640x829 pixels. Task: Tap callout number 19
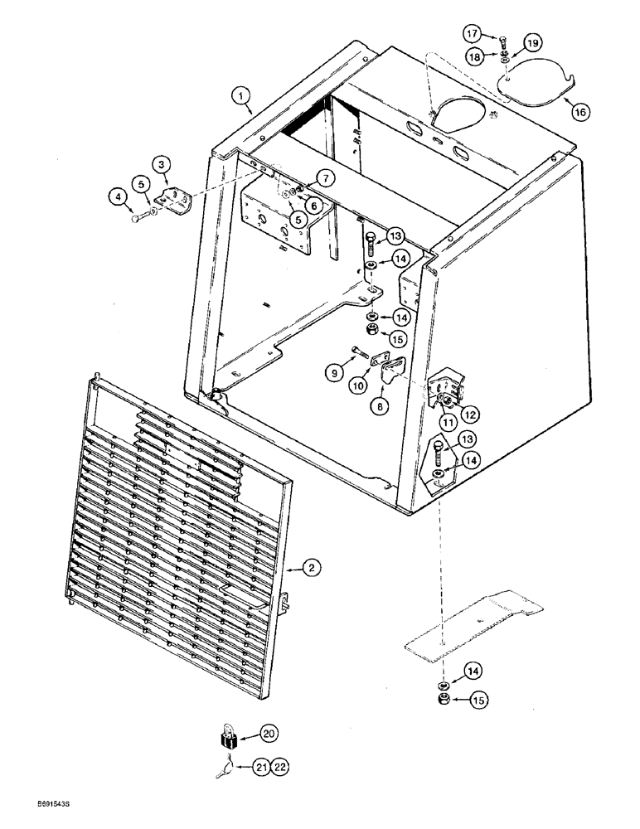tap(531, 41)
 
